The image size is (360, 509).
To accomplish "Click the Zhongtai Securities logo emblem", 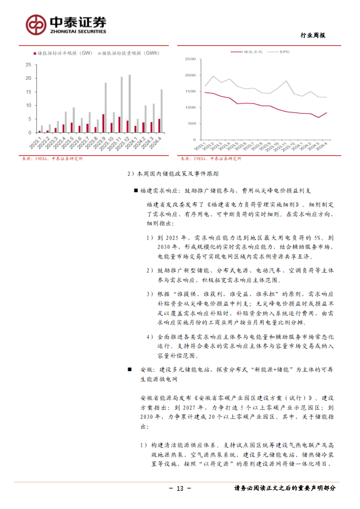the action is (36, 25).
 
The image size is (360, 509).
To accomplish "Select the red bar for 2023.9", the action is (103, 123).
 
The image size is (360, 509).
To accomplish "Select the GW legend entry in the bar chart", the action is (64, 54).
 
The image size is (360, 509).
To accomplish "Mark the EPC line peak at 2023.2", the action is (213, 76).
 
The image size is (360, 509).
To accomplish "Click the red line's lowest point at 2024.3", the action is (318, 117).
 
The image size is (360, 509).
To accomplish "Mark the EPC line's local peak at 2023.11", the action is (286, 81).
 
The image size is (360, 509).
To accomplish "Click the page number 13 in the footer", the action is (180, 488).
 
